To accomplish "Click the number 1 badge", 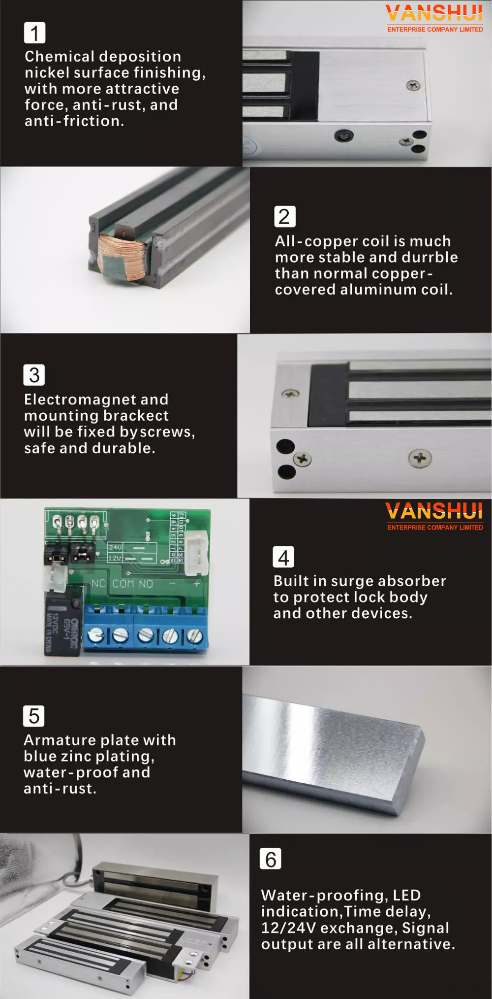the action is pyautogui.click(x=34, y=33).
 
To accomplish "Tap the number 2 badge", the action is pyautogui.click(x=285, y=217).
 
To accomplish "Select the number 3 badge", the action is pyautogui.click(x=34, y=375).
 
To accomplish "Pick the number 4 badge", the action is pyautogui.click(x=283, y=557).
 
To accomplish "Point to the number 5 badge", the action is pyautogui.click(x=33, y=716).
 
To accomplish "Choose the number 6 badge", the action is pyautogui.click(x=271, y=859).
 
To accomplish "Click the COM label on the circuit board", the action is pyautogui.click(x=123, y=584).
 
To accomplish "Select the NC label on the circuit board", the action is pyautogui.click(x=98, y=584).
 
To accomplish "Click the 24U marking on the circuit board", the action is pyautogui.click(x=115, y=547).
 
